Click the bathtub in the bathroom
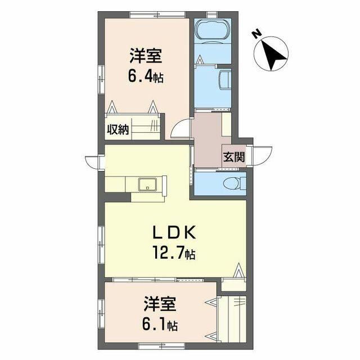213,30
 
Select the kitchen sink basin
147,184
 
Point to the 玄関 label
234,157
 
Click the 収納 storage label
118,130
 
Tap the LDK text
174,232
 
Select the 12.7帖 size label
174,253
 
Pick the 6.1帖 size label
160,324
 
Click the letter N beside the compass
257,34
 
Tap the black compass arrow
274,55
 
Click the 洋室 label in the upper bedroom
146,56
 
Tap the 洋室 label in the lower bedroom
160,304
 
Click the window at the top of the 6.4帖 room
157,15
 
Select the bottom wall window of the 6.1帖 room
162,346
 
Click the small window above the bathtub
212,15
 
